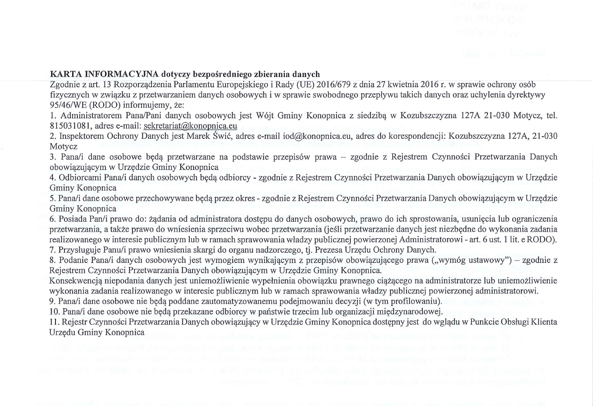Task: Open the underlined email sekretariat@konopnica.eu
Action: click(x=190, y=126)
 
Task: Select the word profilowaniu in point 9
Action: click(x=417, y=302)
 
